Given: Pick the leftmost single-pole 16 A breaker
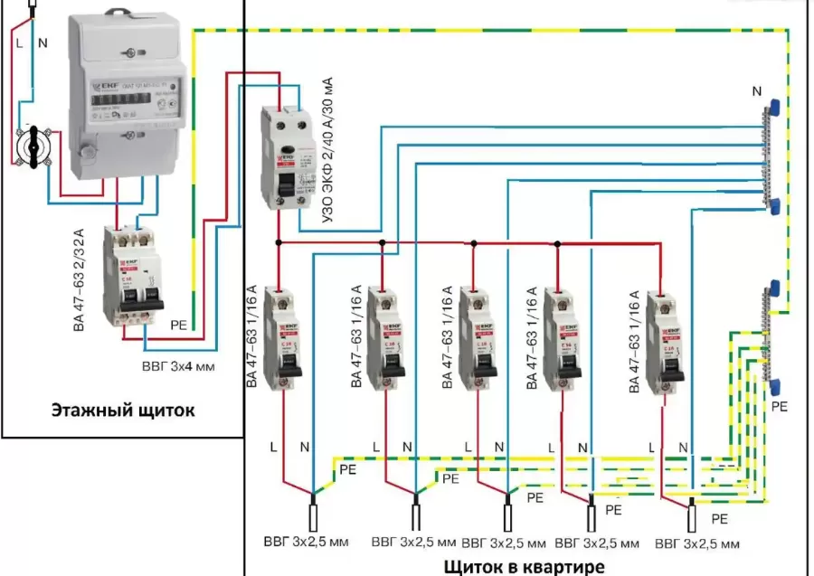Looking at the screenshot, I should pos(286,338).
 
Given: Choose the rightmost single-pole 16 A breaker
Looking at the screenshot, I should pos(668,338).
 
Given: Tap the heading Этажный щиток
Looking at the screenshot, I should pos(123,411).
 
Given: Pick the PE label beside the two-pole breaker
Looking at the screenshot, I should pos(180,322).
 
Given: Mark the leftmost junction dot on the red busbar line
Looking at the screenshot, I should pos(279,242).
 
